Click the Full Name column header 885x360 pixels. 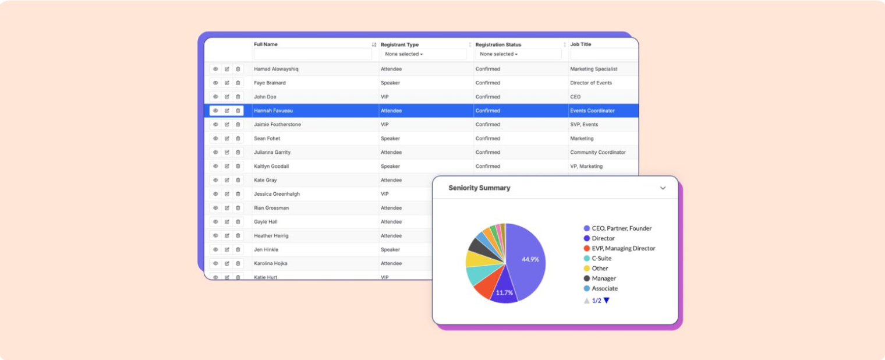[265, 44]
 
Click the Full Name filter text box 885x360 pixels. [313, 54]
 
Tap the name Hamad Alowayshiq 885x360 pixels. [276, 69]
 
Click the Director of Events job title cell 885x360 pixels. [591, 83]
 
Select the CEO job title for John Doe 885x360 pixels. [575, 97]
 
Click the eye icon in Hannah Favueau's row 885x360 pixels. [215, 111]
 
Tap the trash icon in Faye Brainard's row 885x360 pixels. [238, 83]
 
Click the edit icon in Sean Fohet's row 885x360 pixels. [227, 139]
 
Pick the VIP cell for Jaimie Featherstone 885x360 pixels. [385, 125]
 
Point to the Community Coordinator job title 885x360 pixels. [598, 153]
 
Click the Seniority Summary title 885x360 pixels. [479, 188]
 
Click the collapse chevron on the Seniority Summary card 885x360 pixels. [663, 188]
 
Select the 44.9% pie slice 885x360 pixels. [527, 260]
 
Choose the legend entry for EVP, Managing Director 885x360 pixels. [623, 249]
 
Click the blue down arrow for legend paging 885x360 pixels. [607, 301]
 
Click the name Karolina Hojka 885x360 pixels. [271, 263]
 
